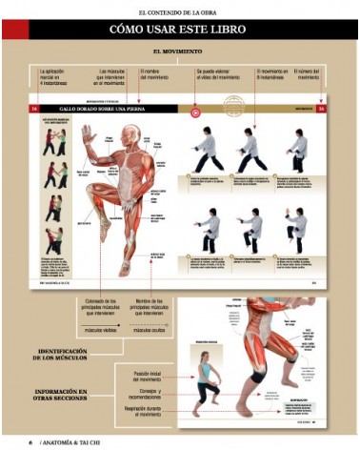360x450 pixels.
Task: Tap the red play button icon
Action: (x=195, y=110)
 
